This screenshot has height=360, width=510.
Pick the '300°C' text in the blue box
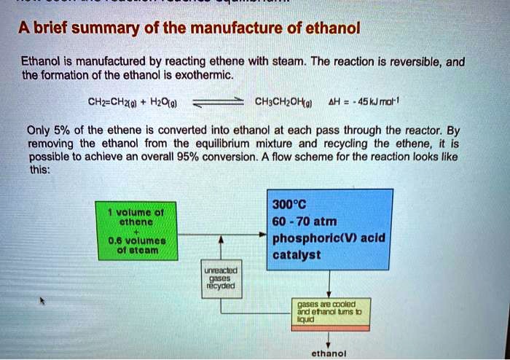tap(288, 203)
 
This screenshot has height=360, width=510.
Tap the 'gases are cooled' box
tap(328, 313)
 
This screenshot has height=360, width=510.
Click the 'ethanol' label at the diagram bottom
tap(328, 353)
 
